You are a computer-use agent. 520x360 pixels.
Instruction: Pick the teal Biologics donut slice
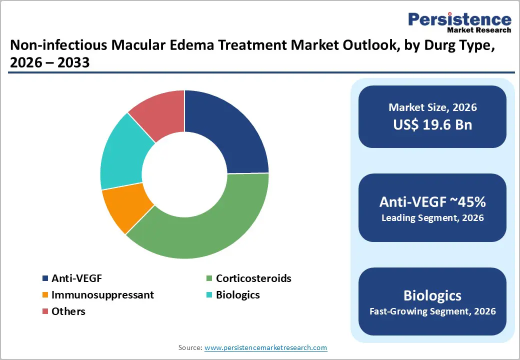click(x=122, y=155)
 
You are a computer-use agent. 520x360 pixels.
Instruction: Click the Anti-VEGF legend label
click(x=77, y=278)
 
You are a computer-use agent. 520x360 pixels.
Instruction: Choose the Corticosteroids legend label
click(x=253, y=278)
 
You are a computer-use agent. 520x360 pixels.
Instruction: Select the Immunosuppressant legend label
click(x=102, y=295)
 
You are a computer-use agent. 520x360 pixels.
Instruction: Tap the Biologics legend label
click(x=237, y=295)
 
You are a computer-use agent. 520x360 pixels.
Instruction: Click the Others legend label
click(x=68, y=311)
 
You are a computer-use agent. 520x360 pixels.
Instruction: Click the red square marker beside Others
click(x=45, y=311)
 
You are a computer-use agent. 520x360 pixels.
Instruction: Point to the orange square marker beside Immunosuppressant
click(x=45, y=295)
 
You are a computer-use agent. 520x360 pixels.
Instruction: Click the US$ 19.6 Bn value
click(x=432, y=125)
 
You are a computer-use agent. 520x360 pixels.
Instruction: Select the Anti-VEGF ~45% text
click(x=432, y=202)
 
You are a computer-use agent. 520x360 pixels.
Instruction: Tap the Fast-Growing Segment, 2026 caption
click(x=432, y=311)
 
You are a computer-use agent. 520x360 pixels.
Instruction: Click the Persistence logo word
click(x=459, y=19)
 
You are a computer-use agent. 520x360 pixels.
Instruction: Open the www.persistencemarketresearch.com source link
click(x=265, y=347)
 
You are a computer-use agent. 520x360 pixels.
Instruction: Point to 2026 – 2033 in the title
click(x=49, y=63)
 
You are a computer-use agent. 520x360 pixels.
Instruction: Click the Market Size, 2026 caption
click(x=432, y=107)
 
